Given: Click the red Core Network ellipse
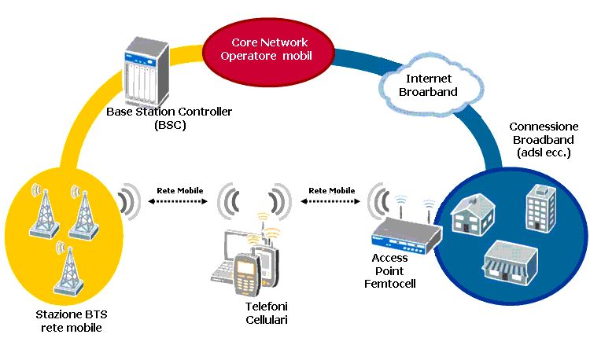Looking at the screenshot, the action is (268, 53).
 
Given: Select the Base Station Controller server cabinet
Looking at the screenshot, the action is (146, 72).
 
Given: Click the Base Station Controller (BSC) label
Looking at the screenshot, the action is (169, 118).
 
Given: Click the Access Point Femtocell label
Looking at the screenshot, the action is (390, 270).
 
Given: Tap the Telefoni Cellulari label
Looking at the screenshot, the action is (267, 313).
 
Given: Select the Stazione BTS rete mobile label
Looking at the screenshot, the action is (72, 321).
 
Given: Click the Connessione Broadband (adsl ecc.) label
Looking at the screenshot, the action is (544, 139).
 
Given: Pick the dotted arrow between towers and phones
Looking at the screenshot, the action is (178, 201).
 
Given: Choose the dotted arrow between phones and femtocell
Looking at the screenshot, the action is (330, 201).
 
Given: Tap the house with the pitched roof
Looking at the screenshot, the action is (473, 215).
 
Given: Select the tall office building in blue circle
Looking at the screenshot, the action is (540, 208).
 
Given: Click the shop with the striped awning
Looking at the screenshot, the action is (511, 262).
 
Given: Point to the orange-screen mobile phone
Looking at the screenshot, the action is (246, 274).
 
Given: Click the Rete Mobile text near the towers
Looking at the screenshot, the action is (180, 190).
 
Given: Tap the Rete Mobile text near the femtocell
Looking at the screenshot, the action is (332, 190).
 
